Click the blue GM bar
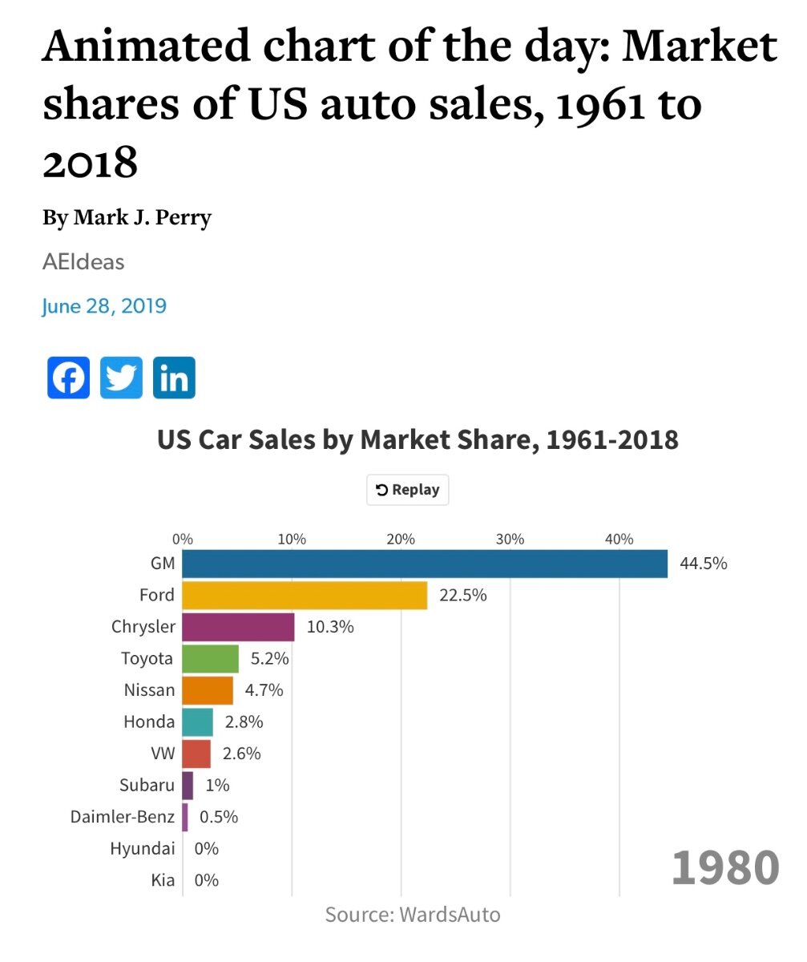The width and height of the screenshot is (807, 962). click(x=425, y=564)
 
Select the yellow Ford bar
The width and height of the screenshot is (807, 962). click(x=305, y=596)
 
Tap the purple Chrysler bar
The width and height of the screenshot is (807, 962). click(x=238, y=627)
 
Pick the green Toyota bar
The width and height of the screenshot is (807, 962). click(x=210, y=659)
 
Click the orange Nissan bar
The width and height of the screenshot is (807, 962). click(x=208, y=690)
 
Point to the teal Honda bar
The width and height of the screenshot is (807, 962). click(x=197, y=721)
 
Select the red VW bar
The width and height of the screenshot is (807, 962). click(x=196, y=754)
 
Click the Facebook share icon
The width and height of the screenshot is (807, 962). click(x=68, y=378)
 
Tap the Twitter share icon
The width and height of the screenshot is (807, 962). click(x=121, y=378)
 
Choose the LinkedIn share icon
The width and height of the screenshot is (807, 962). click(x=174, y=378)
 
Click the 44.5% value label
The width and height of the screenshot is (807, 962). click(x=703, y=564)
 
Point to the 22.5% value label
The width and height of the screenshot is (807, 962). click(x=462, y=596)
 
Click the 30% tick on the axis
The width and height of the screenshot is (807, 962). click(x=510, y=539)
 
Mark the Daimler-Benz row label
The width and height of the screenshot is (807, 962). click(x=122, y=817)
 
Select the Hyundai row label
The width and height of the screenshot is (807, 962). click(x=142, y=848)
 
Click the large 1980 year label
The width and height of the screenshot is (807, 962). click(x=725, y=867)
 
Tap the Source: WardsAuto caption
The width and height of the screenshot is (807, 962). click(x=413, y=915)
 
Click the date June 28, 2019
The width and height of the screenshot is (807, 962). click(x=104, y=306)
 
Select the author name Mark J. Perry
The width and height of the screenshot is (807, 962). click(x=143, y=217)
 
